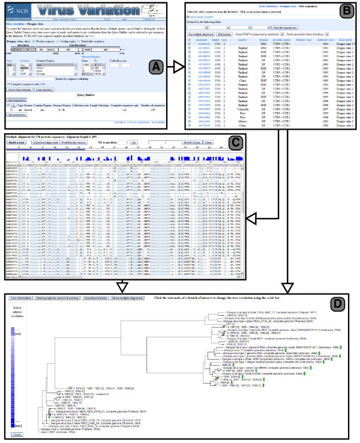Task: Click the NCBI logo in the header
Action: click(x=17, y=10)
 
